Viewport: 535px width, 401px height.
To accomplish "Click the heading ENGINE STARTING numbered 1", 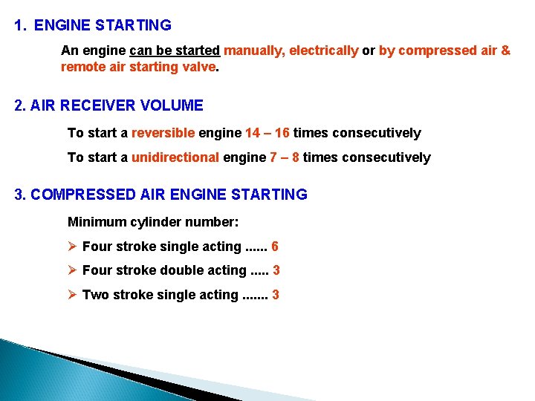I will click(x=102, y=25).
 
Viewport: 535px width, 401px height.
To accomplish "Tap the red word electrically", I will click(x=323, y=50).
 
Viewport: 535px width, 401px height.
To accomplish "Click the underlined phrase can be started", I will click(x=175, y=50).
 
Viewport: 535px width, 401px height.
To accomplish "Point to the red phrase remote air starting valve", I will click(x=138, y=66).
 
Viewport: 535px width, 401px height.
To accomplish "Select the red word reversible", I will click(x=163, y=133).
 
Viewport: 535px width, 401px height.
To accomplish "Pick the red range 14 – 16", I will click(x=267, y=133).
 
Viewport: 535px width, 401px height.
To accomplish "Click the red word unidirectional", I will click(x=175, y=157).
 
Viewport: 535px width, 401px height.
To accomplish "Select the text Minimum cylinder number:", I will click(x=153, y=221).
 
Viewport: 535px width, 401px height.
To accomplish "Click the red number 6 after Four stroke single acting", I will click(x=275, y=247).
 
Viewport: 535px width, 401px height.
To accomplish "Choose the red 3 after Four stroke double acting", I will click(x=276, y=270).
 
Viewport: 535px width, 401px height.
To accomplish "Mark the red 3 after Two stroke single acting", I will click(x=276, y=295).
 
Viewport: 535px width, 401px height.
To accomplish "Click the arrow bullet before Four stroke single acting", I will click(x=73, y=247).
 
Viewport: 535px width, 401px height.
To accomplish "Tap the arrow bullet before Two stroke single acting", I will click(x=73, y=295).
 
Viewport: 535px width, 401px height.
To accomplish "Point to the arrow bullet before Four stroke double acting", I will click(x=73, y=270).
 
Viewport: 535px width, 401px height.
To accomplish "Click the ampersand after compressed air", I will click(x=505, y=50).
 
